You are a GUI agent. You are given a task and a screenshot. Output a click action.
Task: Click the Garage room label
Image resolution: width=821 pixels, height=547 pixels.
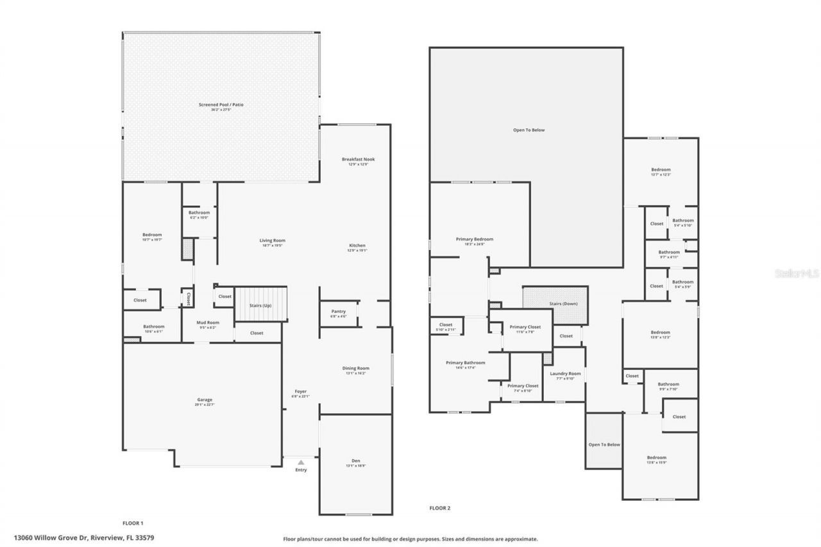(205, 400)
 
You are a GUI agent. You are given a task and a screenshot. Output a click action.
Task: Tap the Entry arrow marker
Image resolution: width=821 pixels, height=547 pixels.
(301, 462)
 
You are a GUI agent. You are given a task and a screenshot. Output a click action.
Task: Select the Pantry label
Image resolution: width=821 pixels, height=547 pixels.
(339, 312)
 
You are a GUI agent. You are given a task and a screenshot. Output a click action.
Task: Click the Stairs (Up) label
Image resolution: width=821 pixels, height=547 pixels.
(260, 305)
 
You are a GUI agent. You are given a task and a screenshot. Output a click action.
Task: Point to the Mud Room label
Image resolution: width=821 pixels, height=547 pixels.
(208, 323)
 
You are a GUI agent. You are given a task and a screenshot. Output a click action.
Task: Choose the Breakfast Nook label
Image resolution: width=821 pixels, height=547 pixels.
(358, 159)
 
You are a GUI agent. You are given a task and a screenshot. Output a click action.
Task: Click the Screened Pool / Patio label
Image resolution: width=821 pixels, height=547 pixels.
(221, 105)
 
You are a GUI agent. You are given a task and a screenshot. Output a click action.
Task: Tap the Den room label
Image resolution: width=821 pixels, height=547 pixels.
(356, 460)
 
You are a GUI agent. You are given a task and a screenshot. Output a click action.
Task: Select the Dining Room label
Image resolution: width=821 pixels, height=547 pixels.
(356, 368)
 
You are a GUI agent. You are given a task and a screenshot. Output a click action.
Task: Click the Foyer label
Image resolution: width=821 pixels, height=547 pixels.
(300, 391)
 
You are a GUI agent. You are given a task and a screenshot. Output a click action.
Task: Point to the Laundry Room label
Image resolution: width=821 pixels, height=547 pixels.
(565, 373)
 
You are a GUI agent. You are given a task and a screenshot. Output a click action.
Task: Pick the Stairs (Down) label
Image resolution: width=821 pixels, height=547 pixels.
(563, 303)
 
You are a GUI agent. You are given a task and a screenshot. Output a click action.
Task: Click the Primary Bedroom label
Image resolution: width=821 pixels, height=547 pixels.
(475, 239)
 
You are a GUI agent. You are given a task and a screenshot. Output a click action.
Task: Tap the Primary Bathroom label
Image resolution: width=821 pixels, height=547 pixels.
(466, 362)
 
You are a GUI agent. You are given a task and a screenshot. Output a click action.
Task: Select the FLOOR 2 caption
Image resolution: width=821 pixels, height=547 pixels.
(440, 508)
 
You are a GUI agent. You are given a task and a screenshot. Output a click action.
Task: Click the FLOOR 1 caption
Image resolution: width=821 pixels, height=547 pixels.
(133, 523)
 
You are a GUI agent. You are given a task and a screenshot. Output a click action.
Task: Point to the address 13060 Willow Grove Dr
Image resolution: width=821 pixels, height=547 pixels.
(84, 537)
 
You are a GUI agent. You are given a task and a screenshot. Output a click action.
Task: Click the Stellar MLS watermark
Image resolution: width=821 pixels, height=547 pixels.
(797, 273)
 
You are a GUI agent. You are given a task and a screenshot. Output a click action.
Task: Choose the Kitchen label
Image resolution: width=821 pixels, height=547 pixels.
(357, 246)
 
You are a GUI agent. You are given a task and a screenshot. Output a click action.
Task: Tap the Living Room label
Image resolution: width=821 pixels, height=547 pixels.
(273, 240)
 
